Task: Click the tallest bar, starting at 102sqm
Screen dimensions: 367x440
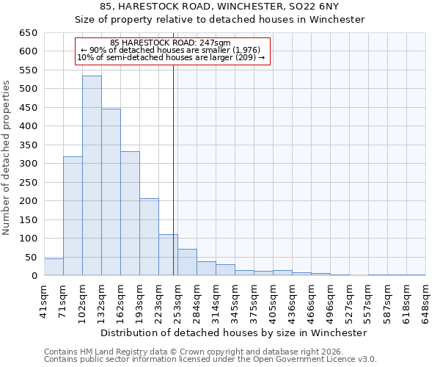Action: pyautogui.click(x=92, y=176)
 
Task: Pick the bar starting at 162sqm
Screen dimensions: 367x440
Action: pyautogui.click(x=130, y=214)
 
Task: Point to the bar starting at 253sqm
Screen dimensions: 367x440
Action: pyautogui.click(x=187, y=263)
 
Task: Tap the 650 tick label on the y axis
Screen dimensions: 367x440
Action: pyautogui.click(x=28, y=33)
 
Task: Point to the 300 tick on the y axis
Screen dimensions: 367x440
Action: pyautogui.click(x=28, y=164)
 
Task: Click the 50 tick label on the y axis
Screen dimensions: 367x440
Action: pyautogui.click(x=31, y=257)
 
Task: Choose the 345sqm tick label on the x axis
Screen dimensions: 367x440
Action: pyautogui.click(x=235, y=302)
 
